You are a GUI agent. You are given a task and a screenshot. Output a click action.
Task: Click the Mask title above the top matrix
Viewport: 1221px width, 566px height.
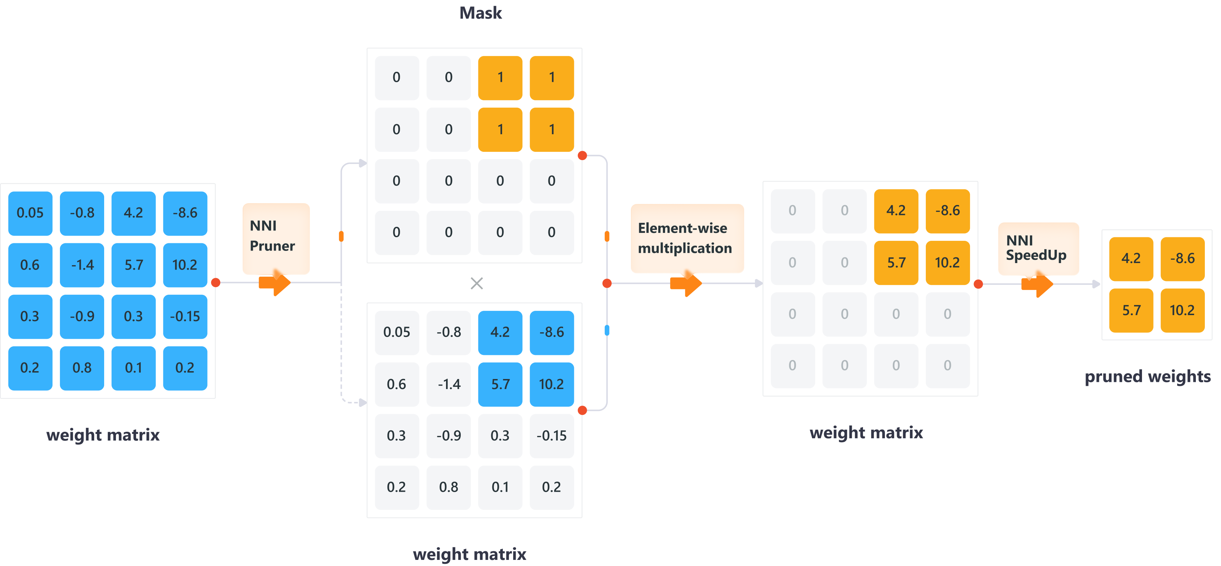480,13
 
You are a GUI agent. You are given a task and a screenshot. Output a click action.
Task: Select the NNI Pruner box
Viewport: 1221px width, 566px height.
275,237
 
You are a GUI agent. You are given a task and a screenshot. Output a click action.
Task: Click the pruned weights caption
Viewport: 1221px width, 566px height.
1147,376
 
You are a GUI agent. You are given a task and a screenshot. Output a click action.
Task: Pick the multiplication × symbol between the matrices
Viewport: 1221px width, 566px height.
476,283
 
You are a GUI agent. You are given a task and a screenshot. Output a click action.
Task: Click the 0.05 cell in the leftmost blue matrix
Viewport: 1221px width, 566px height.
30,213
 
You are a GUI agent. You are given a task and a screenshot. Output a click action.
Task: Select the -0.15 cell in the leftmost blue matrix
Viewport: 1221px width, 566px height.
185,317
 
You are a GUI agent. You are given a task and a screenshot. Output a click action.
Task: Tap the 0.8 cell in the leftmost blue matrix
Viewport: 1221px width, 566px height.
82,368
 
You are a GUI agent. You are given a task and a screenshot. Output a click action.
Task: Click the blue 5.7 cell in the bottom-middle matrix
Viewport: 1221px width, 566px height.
500,384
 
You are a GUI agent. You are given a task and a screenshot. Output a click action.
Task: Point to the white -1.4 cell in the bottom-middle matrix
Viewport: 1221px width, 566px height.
449,384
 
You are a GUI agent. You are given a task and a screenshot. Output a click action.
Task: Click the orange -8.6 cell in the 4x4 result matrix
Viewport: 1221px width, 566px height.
947,211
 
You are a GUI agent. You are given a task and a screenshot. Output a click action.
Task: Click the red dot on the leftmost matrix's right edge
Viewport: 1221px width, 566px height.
216,283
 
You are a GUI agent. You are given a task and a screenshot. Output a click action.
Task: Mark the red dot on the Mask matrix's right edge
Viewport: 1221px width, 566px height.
582,155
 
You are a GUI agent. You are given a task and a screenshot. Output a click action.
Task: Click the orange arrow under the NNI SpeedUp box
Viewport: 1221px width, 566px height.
1037,284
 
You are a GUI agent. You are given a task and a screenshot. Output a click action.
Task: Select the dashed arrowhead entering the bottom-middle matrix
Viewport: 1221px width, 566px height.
363,403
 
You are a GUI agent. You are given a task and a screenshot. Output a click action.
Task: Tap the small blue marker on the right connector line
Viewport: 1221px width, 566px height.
607,330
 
